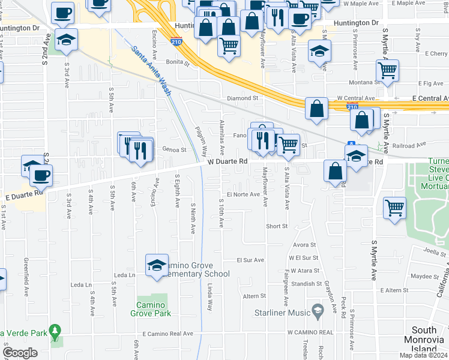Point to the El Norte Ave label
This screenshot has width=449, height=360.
pyautogui.click(x=243, y=194)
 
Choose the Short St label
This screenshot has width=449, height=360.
pyautogui.click(x=277, y=226)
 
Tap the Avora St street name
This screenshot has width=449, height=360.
pyautogui.click(x=305, y=245)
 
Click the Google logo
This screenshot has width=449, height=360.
pyautogui.click(x=20, y=353)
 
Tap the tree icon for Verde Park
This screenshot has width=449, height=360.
pyautogui.click(x=55, y=331)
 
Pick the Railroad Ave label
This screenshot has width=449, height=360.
pyautogui.click(x=409, y=144)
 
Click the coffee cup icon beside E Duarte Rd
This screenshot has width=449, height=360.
pyautogui.click(x=41, y=176)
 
